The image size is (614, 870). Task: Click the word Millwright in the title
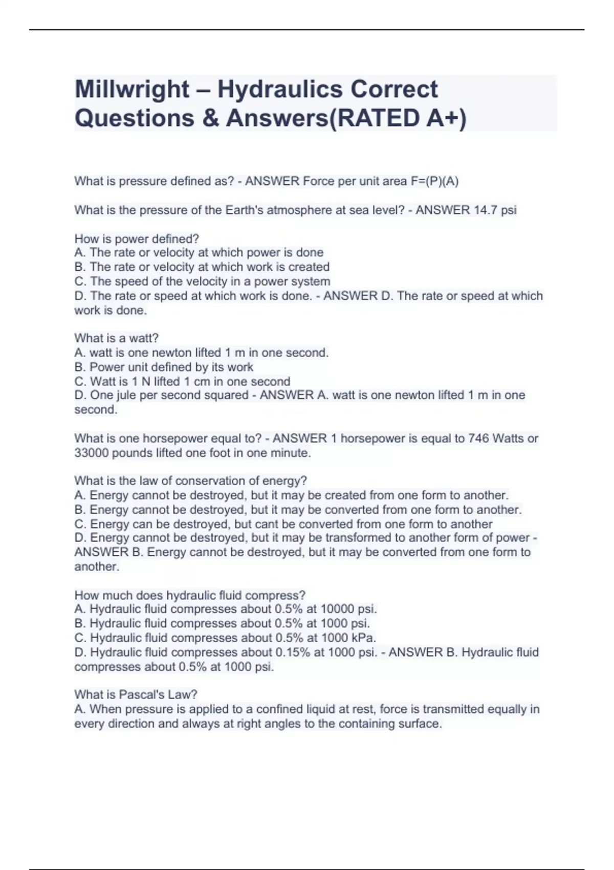point(131,90)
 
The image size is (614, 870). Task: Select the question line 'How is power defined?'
point(137,239)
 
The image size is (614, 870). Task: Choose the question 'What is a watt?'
point(117,338)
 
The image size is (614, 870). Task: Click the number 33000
point(91,453)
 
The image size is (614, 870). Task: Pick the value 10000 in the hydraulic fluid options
point(337,609)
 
